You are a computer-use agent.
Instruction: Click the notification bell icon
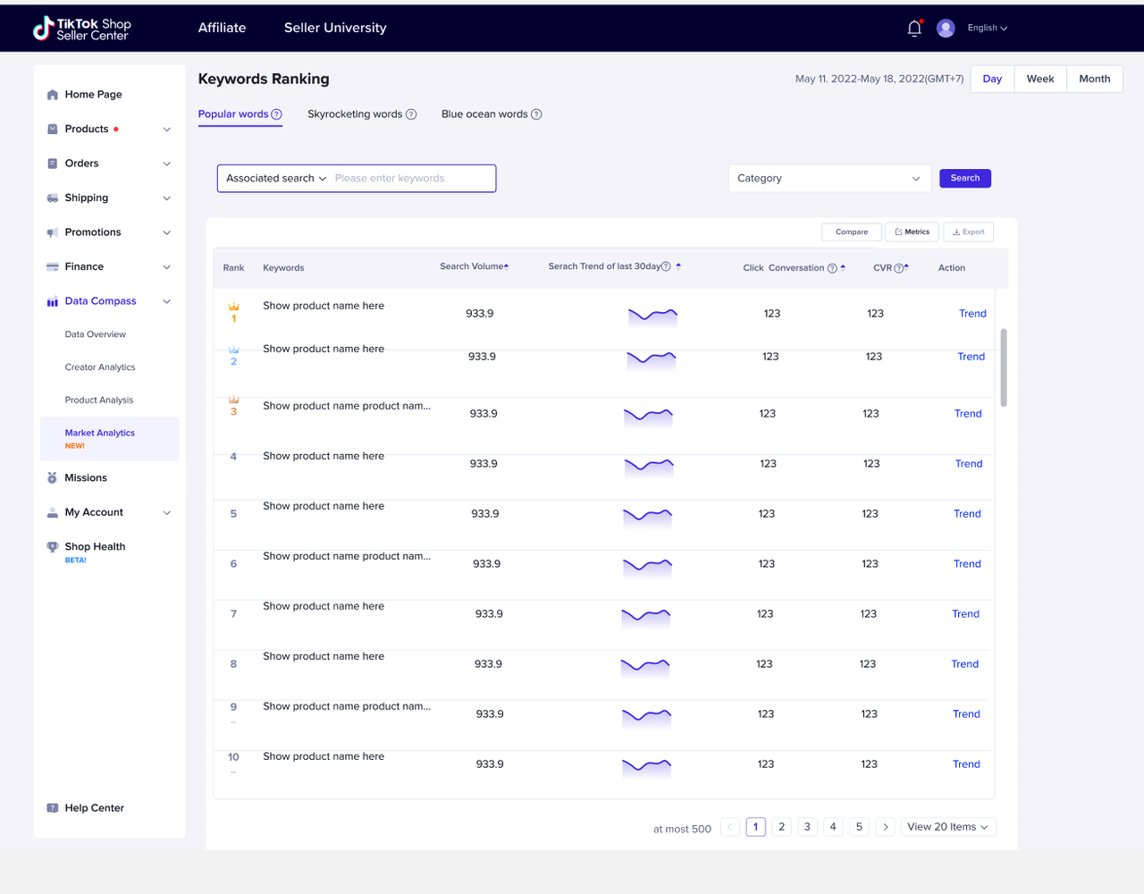[914, 28]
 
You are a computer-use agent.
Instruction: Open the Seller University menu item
[335, 28]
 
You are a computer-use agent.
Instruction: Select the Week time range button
[1039, 79]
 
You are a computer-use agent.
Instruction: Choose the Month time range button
[1095, 79]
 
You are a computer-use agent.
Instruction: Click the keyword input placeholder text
[390, 179]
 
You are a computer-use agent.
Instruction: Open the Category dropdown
[829, 179]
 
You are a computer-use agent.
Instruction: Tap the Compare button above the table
[851, 232]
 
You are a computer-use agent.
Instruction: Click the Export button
[968, 232]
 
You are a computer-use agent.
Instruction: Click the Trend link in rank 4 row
[969, 464]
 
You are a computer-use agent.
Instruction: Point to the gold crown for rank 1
[234, 307]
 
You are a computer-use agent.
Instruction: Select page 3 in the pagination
[807, 827]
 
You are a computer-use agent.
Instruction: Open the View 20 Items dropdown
[948, 827]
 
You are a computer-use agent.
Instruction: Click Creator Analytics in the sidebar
[100, 367]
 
